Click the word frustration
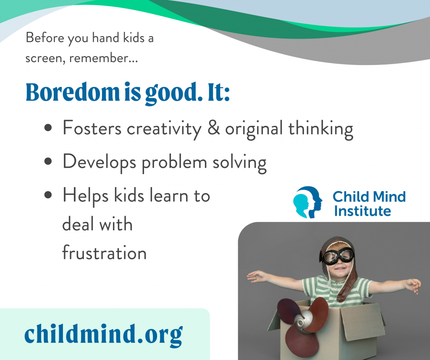pyautogui.click(x=104, y=253)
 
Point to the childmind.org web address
pyautogui.click(x=103, y=334)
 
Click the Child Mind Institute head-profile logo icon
pyautogui.click(x=308, y=203)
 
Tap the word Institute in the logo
pyautogui.click(x=362, y=211)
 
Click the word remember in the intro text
pyautogui.click(x=103, y=58)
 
